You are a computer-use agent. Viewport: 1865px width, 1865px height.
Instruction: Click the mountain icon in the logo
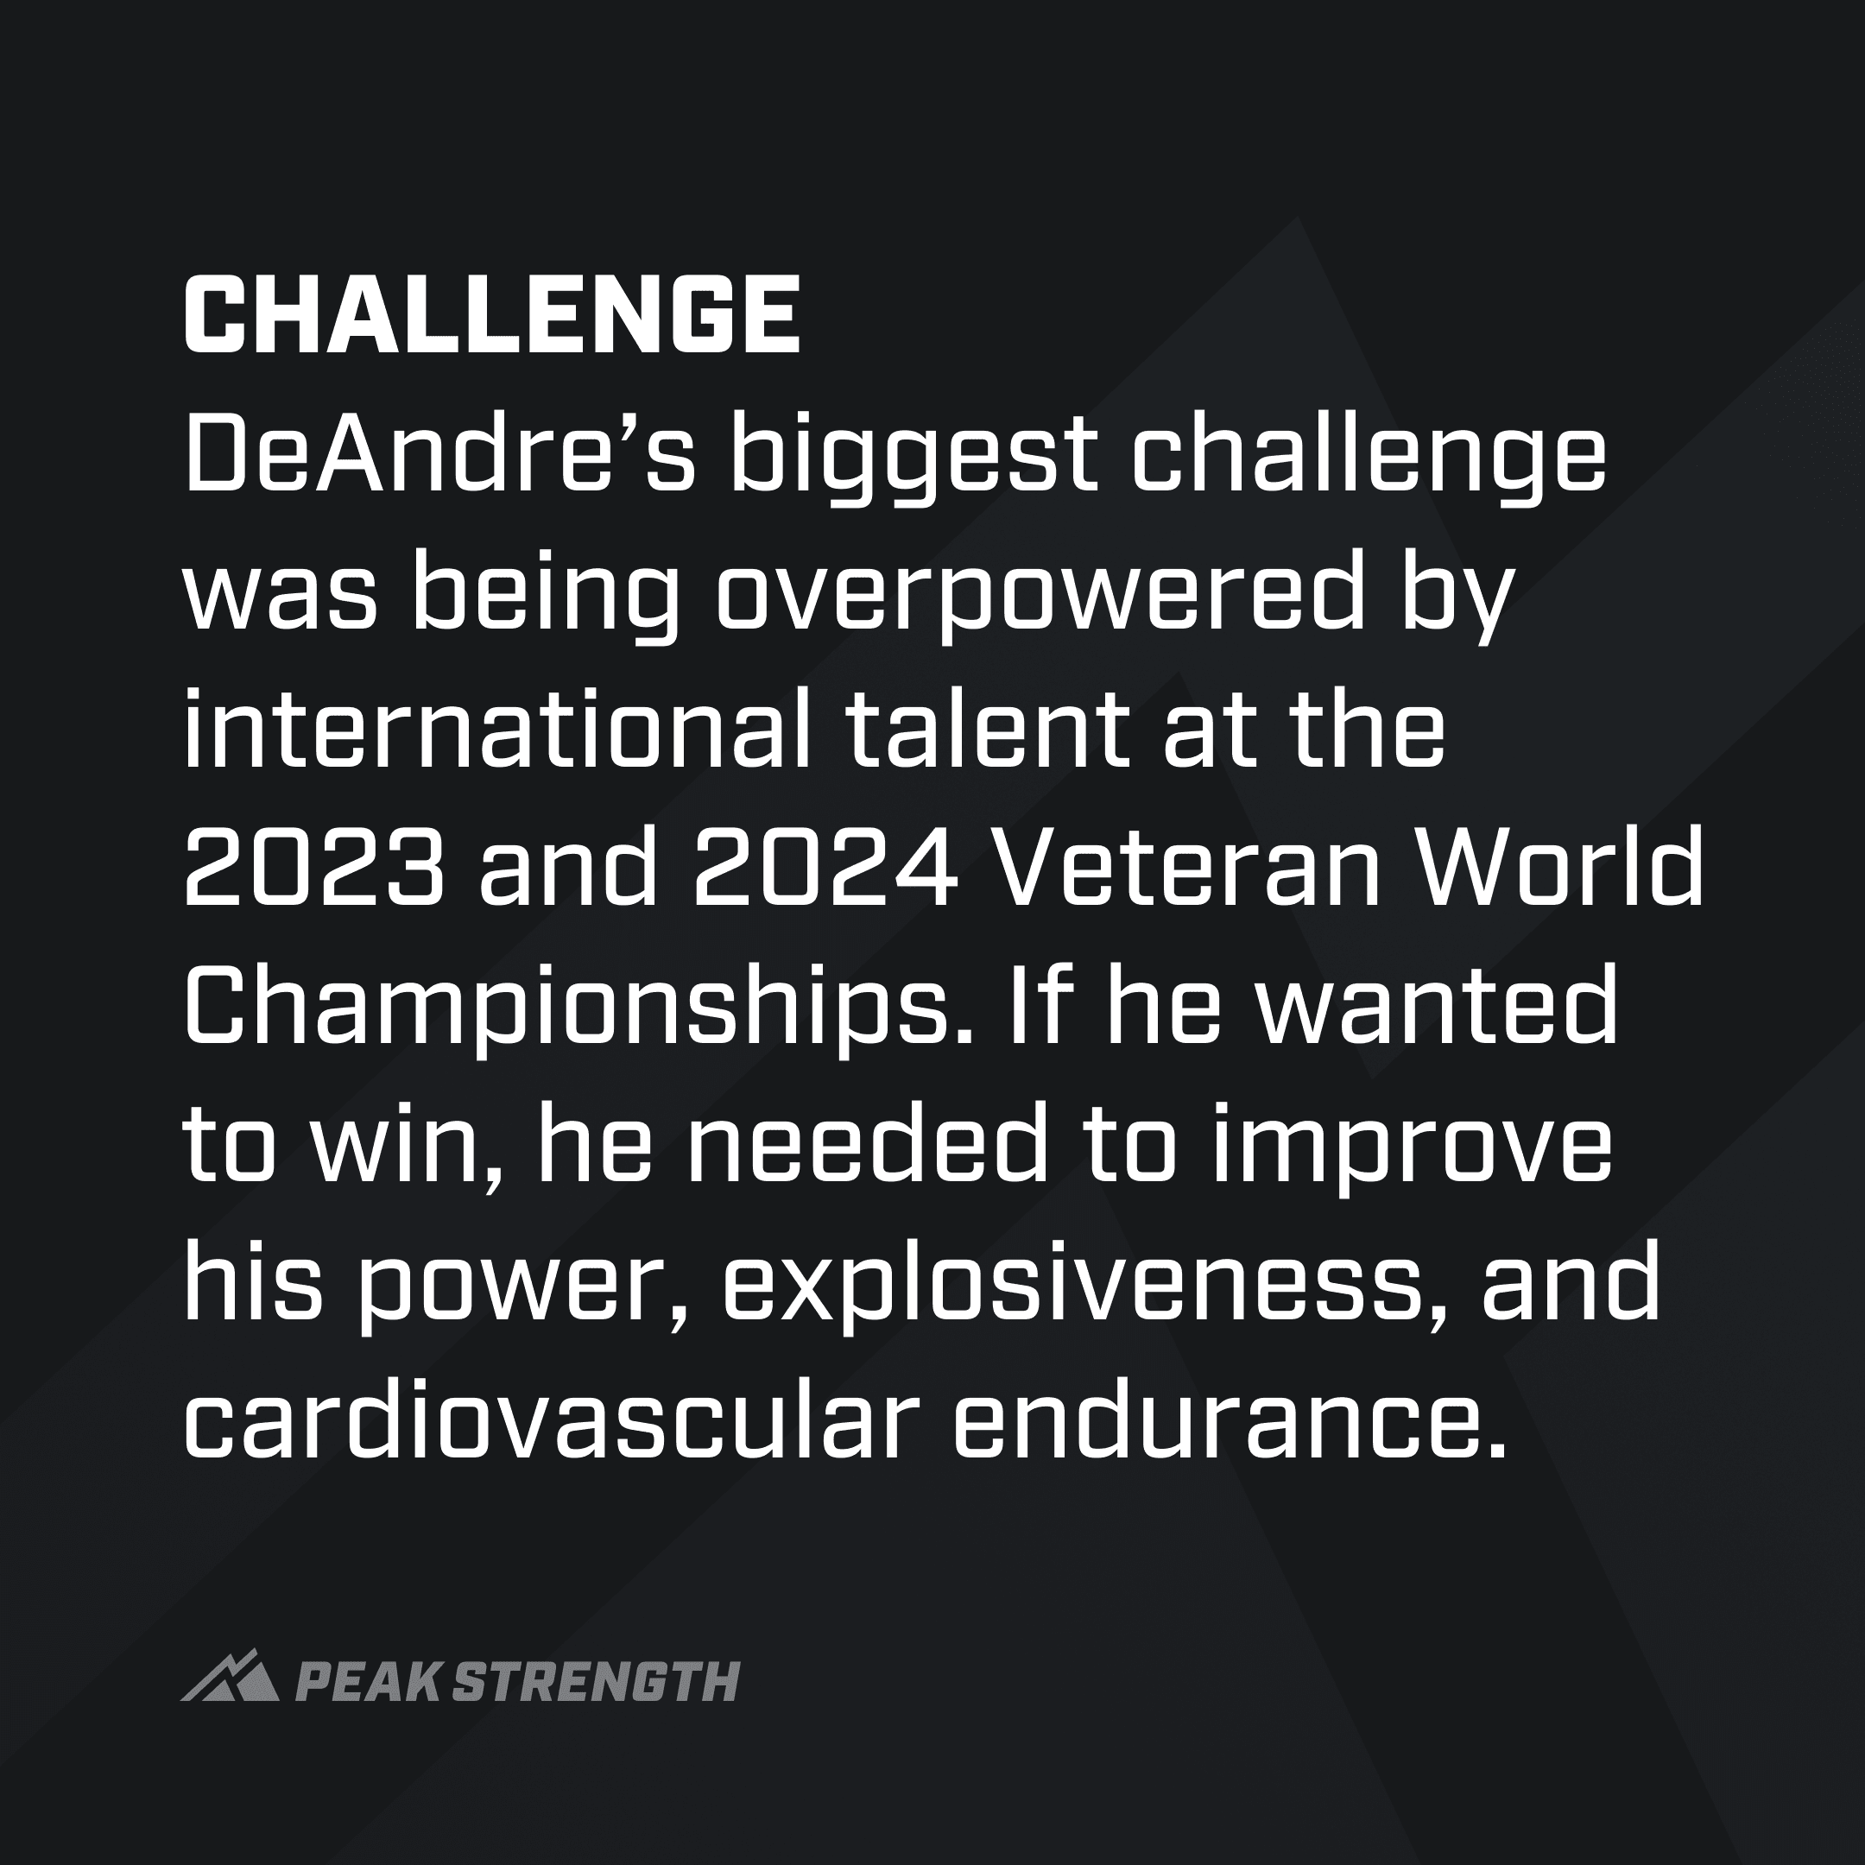(230, 1677)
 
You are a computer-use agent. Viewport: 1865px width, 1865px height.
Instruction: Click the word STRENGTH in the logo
(596, 1683)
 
